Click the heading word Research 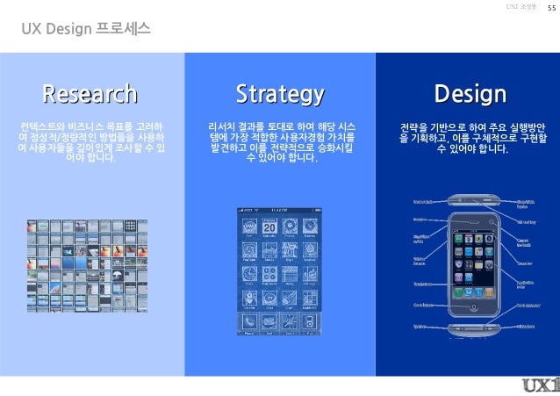[x=91, y=93]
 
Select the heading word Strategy [x=280, y=93]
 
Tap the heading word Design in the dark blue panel [x=470, y=93]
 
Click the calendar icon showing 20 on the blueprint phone [x=269, y=229]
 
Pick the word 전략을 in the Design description [x=413, y=126]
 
